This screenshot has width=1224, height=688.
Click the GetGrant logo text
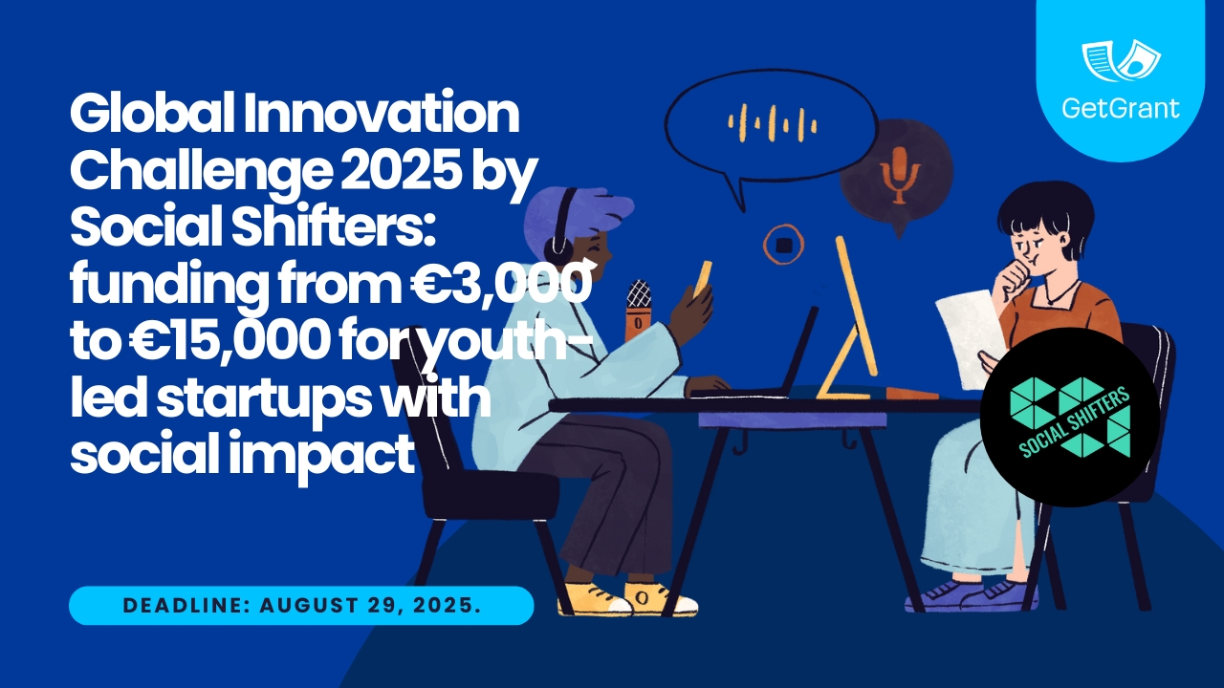point(1120,108)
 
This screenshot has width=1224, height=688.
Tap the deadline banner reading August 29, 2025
point(301,605)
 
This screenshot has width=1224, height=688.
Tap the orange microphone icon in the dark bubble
point(898,175)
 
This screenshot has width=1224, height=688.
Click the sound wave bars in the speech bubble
point(772,122)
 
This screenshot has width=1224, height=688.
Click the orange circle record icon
point(783,246)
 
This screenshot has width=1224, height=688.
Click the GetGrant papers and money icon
point(1121,60)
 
